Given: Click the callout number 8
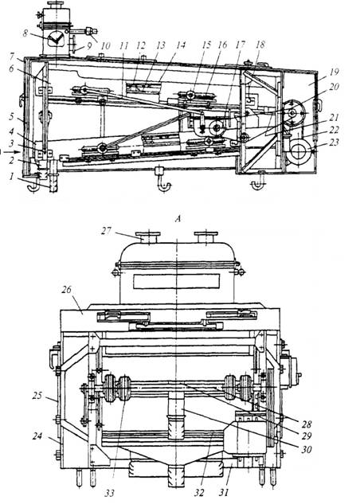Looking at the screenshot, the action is pyautogui.click(x=25, y=33).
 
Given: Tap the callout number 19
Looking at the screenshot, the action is pyautogui.click(x=335, y=72).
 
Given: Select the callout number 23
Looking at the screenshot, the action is pyautogui.click(x=335, y=142).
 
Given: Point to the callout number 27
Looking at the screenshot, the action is pyautogui.click(x=107, y=231).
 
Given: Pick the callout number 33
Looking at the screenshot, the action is pyautogui.click(x=109, y=493).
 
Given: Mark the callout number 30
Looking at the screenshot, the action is pyautogui.click(x=307, y=449).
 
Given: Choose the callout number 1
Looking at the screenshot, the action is pyautogui.click(x=12, y=176).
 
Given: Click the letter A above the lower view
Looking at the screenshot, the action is pyautogui.click(x=177, y=219).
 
